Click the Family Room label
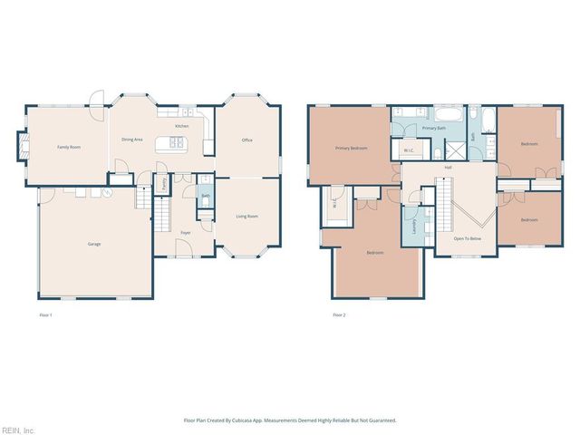(x=70, y=146)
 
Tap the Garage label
(x=94, y=245)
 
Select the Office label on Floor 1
(x=246, y=140)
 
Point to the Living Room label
(x=246, y=216)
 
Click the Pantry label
(x=163, y=183)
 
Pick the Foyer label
(x=185, y=233)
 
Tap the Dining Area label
(x=133, y=140)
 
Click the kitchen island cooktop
(x=175, y=142)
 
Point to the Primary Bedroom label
(x=351, y=147)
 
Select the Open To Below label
(x=466, y=238)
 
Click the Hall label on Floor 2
(x=447, y=168)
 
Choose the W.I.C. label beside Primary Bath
(x=409, y=151)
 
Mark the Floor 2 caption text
(x=339, y=314)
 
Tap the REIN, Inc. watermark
(x=17, y=430)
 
